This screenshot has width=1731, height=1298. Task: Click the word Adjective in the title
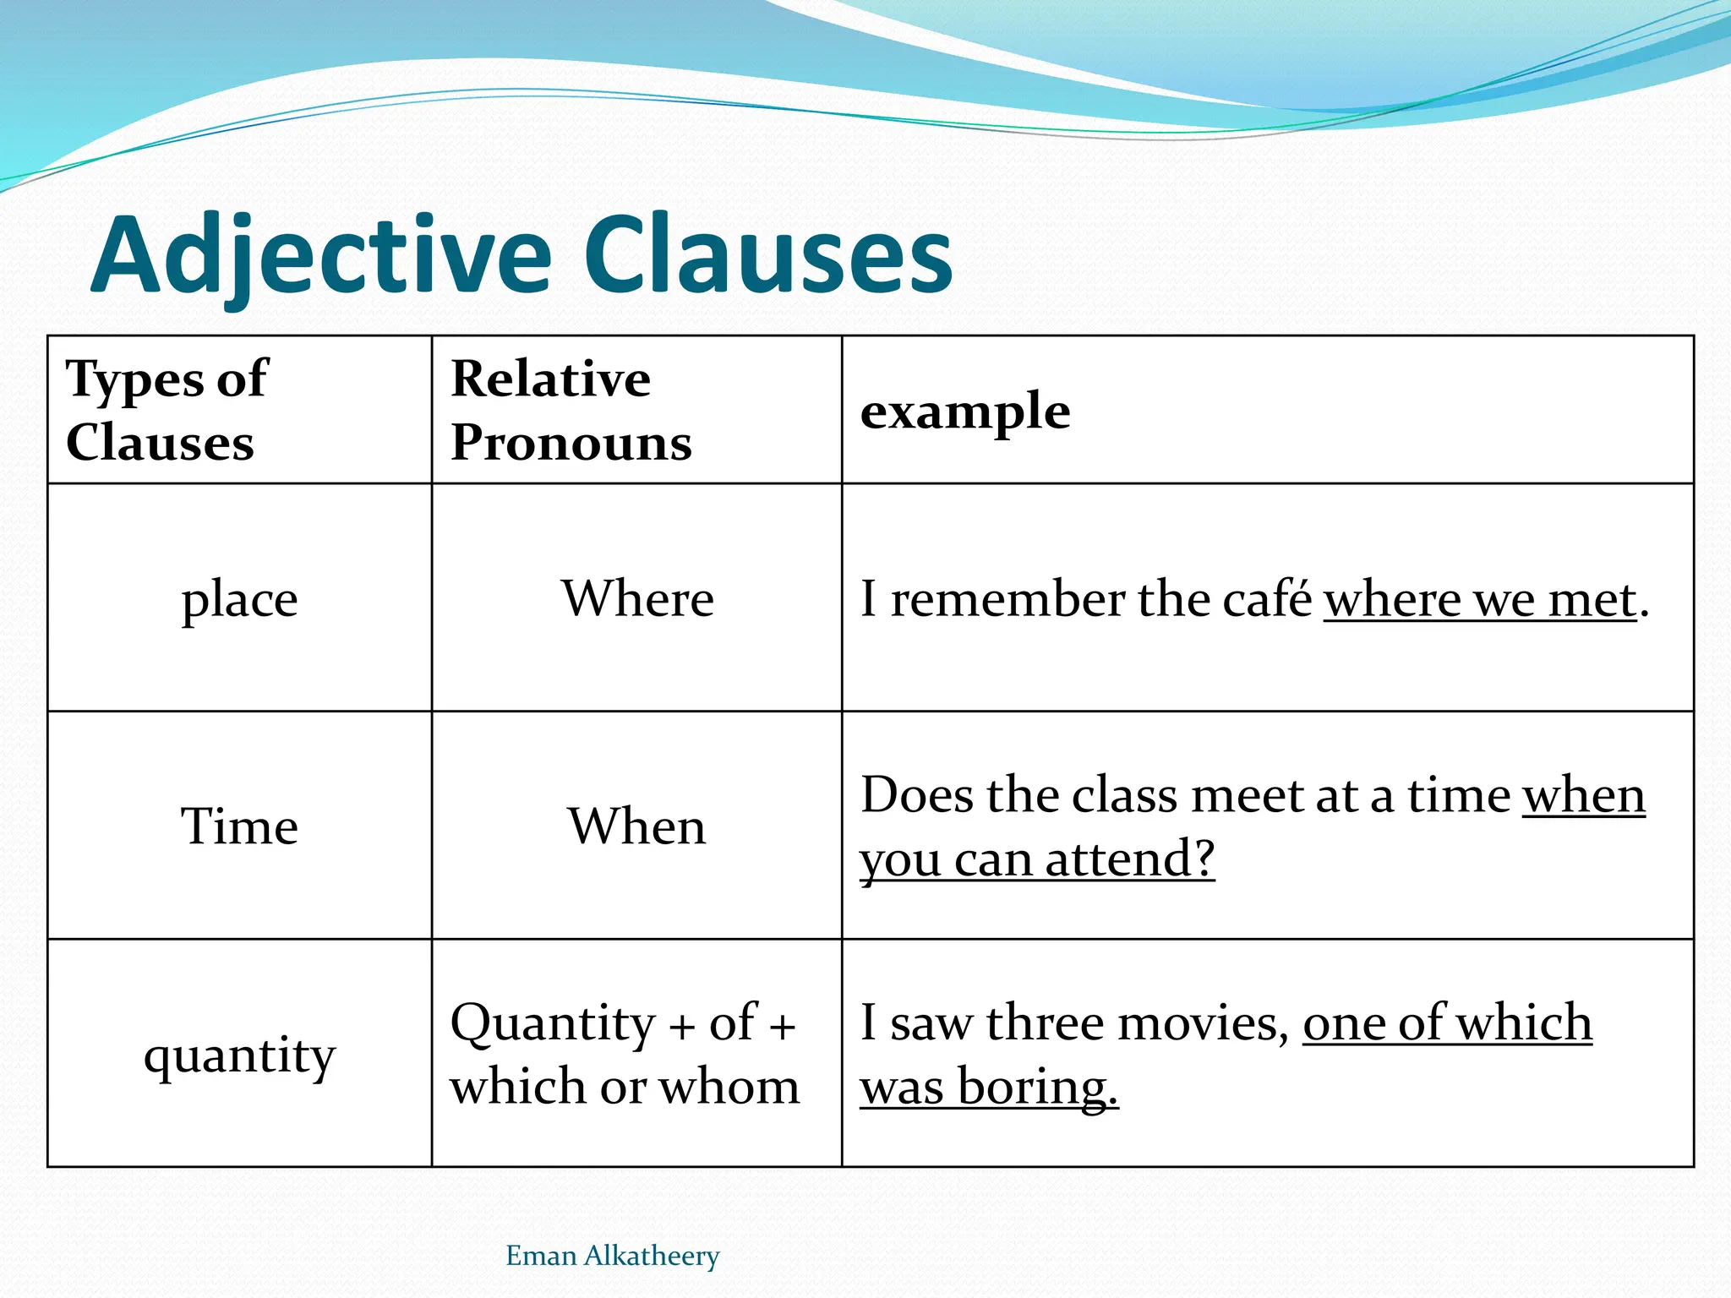pos(321,256)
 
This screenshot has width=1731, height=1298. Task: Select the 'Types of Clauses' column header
pos(167,410)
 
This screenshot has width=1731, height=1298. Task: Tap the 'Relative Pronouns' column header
pos(571,410)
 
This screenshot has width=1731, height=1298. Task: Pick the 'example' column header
pos(965,412)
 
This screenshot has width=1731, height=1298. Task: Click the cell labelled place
pos(239,599)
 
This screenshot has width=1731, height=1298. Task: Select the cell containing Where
pos(637,599)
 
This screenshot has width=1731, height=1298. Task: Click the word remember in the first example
pos(1007,599)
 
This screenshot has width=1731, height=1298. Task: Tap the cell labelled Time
pos(239,826)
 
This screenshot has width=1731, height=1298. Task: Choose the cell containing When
pos(636,826)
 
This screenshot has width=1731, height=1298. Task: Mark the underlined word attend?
pos(1130,859)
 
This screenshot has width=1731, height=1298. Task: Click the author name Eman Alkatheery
pos(612,1256)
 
